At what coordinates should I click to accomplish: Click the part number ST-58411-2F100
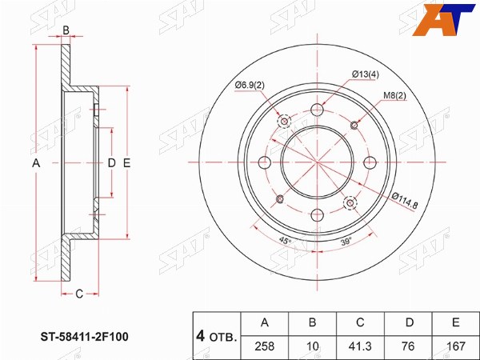(85, 337)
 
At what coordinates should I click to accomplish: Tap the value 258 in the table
(265, 346)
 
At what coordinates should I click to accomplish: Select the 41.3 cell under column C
(360, 346)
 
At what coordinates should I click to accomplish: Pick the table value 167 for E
(456, 346)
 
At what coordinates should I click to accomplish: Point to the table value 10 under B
(312, 346)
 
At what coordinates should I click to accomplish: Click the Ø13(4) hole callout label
(366, 74)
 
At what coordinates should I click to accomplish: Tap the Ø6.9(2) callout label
(250, 86)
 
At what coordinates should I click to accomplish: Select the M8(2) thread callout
(395, 96)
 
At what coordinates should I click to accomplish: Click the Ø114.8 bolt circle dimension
(405, 200)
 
